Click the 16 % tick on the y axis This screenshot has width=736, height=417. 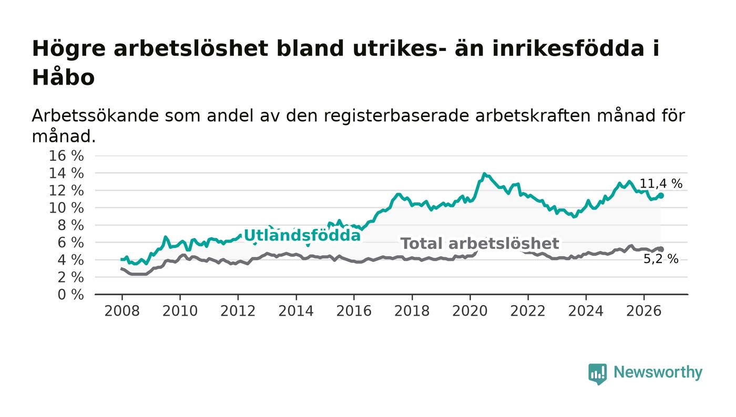click(x=66, y=155)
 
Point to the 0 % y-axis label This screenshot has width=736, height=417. click(x=70, y=295)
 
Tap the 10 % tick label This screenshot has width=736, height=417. click(x=66, y=208)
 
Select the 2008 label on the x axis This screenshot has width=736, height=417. click(x=122, y=311)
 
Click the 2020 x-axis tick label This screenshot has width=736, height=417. click(x=470, y=311)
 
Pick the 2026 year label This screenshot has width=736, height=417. click(x=643, y=311)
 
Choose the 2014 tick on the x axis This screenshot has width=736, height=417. click(x=296, y=311)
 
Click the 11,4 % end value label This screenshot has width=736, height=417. click(x=661, y=183)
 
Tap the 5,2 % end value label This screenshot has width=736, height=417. click(x=661, y=259)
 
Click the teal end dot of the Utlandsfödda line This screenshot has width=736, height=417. click(x=661, y=196)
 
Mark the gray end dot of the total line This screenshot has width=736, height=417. click(x=661, y=249)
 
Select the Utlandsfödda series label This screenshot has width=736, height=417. click(x=302, y=236)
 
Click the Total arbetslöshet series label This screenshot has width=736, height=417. click(x=479, y=244)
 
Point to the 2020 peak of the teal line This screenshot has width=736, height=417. click(x=484, y=174)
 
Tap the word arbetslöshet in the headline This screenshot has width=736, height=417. click(x=191, y=48)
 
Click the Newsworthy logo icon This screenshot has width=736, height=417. click(x=597, y=374)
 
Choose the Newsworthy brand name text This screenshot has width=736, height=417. click(x=658, y=372)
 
